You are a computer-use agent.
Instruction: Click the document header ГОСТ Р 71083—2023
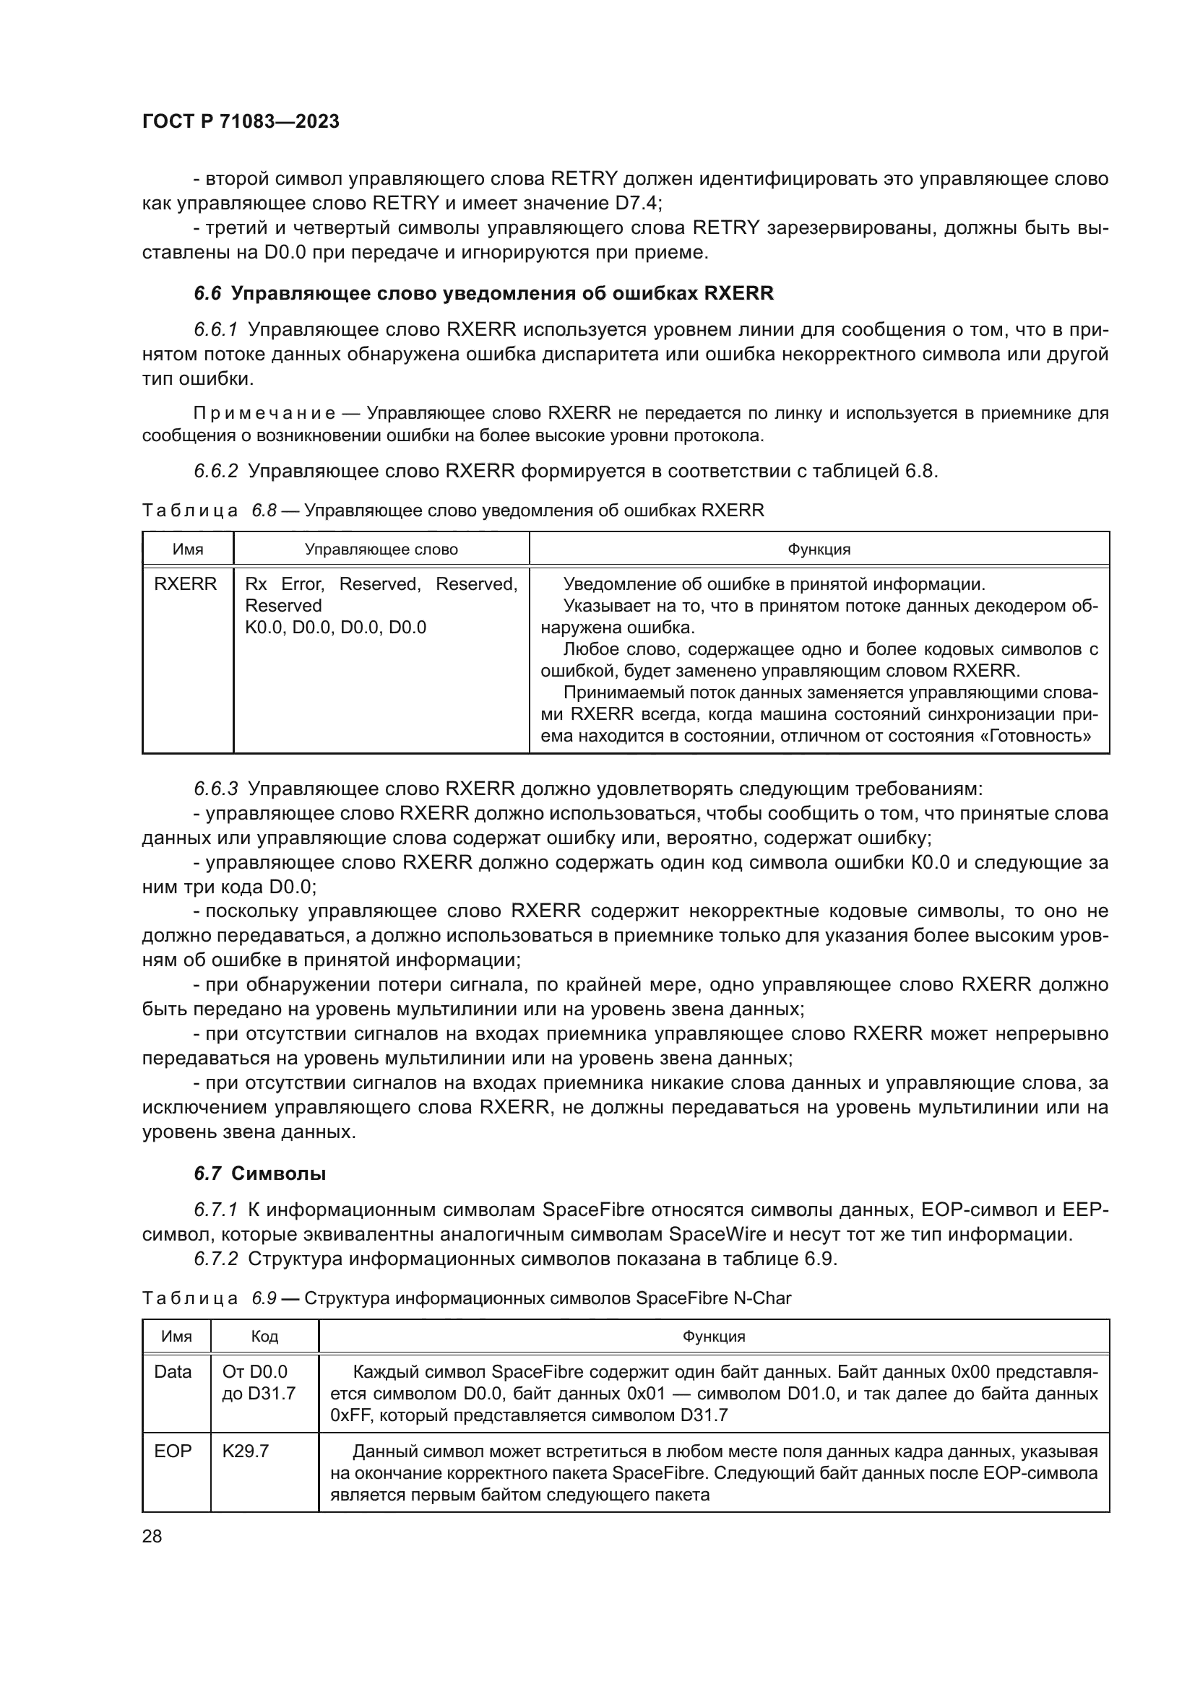coord(241,121)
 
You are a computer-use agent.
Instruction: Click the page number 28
coord(152,1536)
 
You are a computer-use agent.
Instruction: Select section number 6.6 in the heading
coord(207,293)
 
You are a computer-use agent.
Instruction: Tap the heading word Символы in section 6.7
coord(278,1173)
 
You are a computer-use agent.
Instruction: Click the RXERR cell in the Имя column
coord(186,584)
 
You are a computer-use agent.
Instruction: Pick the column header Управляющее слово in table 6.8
coord(381,550)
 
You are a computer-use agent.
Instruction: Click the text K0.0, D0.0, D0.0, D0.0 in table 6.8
coord(335,628)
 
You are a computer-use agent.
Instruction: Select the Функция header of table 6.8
coord(819,550)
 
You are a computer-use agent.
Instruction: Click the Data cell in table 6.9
coord(173,1372)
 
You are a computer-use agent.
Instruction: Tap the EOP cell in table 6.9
coord(173,1451)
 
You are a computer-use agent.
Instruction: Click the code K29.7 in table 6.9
coord(246,1451)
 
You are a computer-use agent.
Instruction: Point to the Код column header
coord(264,1337)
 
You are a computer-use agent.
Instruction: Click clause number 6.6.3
coord(215,789)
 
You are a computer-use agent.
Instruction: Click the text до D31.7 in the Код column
coord(258,1393)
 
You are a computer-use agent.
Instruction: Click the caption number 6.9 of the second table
coord(264,1298)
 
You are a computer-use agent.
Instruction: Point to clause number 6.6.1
coord(215,330)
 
